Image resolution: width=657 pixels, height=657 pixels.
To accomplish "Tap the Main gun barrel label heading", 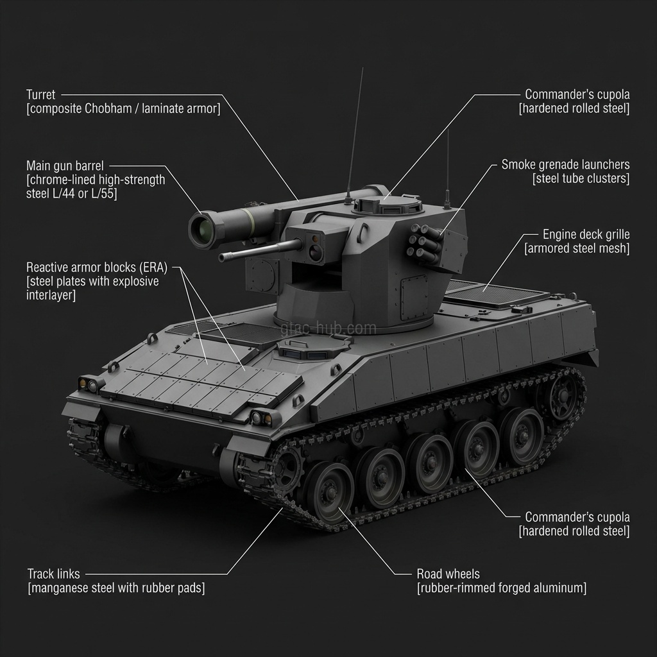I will point(65,166).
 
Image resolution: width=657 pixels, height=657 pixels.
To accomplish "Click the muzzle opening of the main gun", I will point(202,229).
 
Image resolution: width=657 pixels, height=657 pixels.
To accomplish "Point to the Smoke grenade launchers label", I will point(565,165).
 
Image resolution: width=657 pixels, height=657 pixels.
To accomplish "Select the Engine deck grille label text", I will point(586,235).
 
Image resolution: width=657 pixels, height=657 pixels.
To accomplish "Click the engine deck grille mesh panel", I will point(495,294).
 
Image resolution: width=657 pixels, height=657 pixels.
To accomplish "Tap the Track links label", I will point(55,573).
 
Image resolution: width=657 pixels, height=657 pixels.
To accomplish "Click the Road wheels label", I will point(448,574).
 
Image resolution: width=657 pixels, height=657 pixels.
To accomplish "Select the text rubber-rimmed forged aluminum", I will point(501,588).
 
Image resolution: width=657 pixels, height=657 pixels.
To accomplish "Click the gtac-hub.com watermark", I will point(328,328).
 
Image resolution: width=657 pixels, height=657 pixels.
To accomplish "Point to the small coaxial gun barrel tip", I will point(223,258).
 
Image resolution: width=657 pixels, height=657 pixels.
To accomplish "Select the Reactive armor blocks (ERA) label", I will point(96,267).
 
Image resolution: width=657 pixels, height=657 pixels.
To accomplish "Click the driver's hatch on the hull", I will point(314,347).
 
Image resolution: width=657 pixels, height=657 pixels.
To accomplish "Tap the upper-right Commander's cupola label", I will point(577,94).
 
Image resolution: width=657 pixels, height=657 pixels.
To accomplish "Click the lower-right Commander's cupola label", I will point(577,517).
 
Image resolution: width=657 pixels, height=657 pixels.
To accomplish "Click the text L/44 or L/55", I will point(85,193).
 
